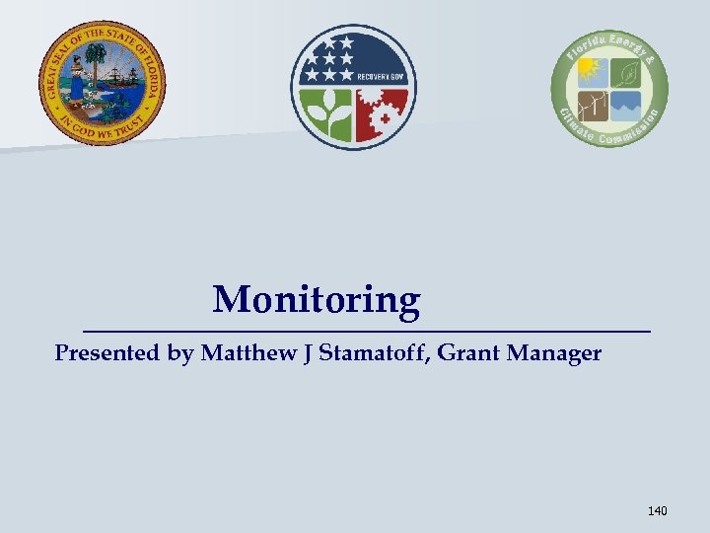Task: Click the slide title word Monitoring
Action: click(316, 299)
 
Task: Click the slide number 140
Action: click(657, 510)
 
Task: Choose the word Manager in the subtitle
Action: click(554, 353)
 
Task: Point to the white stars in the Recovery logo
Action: click(330, 60)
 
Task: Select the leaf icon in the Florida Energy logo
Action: click(626, 72)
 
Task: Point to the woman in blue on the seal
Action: click(78, 87)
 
